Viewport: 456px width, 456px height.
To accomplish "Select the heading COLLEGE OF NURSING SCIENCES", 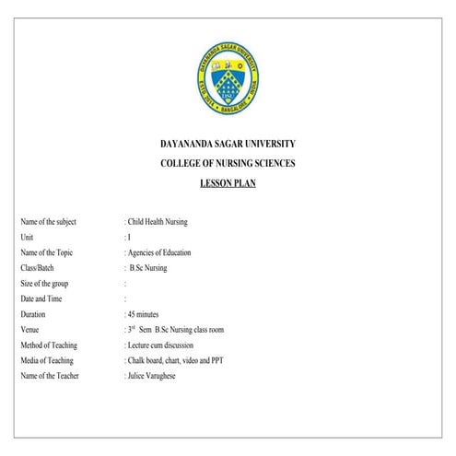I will click(228, 164).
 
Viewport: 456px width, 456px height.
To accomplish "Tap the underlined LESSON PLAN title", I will click(228, 183).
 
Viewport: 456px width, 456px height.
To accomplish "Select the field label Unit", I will click(27, 237).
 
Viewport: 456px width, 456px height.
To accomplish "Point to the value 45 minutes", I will click(149, 314).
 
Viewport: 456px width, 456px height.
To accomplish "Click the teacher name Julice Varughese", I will click(154, 376).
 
